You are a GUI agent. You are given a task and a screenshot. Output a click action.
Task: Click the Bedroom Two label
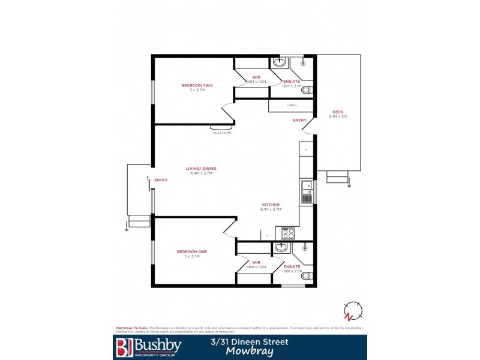click(x=197, y=85)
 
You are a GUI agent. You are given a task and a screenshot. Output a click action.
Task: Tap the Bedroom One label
click(x=191, y=251)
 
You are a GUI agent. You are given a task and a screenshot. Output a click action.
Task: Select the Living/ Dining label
click(x=203, y=169)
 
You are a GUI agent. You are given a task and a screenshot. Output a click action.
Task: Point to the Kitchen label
click(x=270, y=205)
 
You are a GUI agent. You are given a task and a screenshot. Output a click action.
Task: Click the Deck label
click(x=338, y=112)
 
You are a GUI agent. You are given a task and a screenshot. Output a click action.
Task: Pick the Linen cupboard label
click(x=292, y=106)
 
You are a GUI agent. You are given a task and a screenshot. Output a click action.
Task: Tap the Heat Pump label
click(x=221, y=133)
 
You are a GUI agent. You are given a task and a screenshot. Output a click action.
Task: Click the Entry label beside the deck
click(x=299, y=121)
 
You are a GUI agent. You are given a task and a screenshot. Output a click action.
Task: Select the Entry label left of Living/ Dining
click(x=161, y=180)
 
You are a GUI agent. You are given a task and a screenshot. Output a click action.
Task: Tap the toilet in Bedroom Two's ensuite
click(x=307, y=91)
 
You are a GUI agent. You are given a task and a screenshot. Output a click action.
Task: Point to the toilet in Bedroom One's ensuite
click(x=307, y=276)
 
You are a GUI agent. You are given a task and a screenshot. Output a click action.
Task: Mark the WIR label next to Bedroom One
click(x=256, y=262)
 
